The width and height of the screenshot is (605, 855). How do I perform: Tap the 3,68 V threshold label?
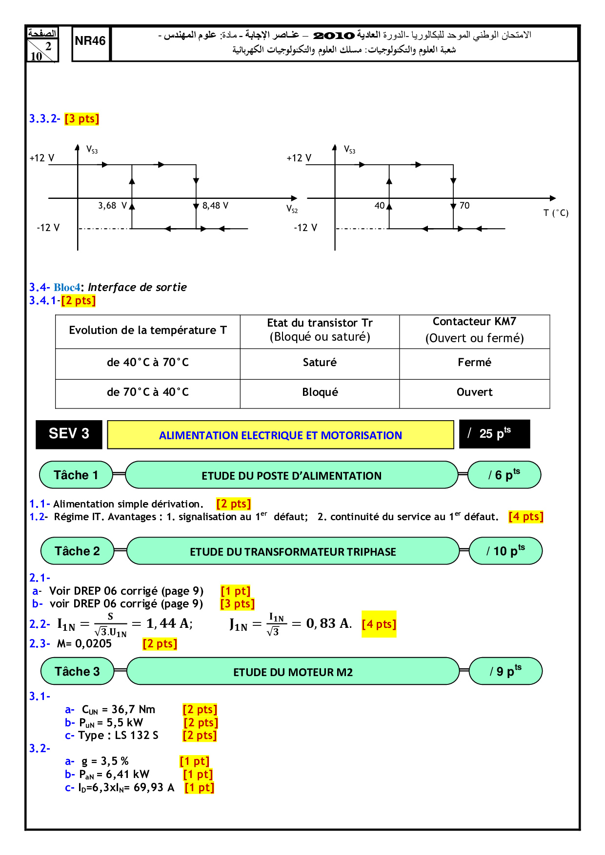(x=112, y=206)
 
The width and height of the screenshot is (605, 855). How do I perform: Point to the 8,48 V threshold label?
(x=215, y=206)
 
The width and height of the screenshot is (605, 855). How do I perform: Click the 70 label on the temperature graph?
(x=464, y=206)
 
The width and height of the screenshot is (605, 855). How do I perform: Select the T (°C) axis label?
(x=556, y=213)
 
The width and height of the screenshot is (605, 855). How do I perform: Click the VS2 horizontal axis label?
(x=292, y=209)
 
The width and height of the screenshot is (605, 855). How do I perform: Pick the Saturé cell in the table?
(x=320, y=363)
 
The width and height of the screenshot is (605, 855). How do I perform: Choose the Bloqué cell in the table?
(x=320, y=392)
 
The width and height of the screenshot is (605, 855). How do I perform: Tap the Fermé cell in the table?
(x=474, y=363)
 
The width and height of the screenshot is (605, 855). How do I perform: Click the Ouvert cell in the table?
(x=474, y=392)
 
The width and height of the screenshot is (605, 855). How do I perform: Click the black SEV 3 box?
(x=69, y=434)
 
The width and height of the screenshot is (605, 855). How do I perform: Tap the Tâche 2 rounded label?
(x=77, y=551)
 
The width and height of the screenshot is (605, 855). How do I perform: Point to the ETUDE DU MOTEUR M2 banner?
(x=293, y=672)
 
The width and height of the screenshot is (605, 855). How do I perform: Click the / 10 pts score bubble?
(x=505, y=551)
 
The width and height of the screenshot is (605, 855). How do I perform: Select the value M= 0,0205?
(x=84, y=644)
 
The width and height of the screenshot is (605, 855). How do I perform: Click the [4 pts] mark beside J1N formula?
(x=379, y=624)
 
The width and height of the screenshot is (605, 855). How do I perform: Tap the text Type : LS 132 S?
(x=118, y=736)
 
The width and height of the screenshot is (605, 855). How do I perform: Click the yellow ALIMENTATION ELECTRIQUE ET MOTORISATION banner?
(x=281, y=435)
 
